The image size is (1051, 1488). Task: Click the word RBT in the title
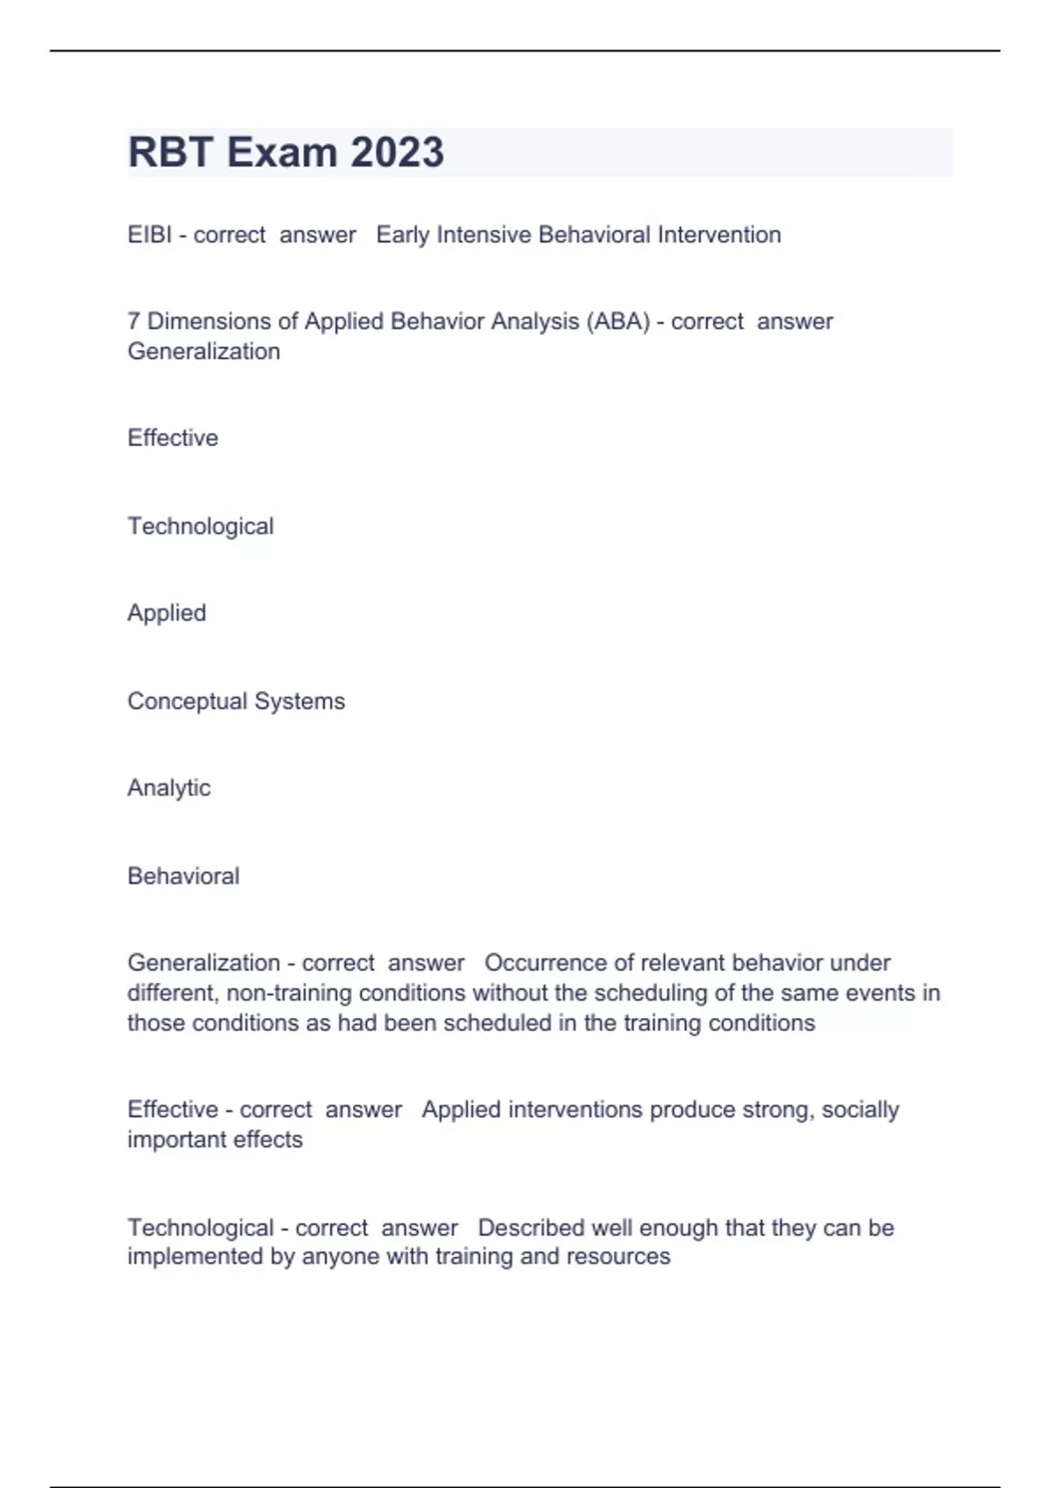pyautogui.click(x=171, y=152)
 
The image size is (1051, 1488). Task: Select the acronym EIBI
pyautogui.click(x=150, y=235)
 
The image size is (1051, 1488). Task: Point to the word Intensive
pyautogui.click(x=483, y=235)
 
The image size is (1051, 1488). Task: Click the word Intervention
pyautogui.click(x=719, y=235)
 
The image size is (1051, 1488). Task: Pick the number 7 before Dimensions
pyautogui.click(x=133, y=321)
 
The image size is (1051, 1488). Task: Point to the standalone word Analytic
pyautogui.click(x=169, y=788)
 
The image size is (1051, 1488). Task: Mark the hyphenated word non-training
pyautogui.click(x=289, y=993)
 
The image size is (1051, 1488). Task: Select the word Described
pyautogui.click(x=531, y=1228)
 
